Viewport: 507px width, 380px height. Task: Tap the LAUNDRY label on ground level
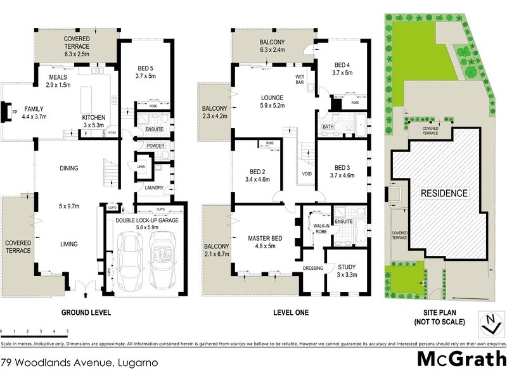(155, 187)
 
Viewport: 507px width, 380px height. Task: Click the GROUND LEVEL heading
(86, 313)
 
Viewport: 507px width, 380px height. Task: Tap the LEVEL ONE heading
(281, 313)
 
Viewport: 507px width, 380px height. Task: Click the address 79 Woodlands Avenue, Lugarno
(79, 364)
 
